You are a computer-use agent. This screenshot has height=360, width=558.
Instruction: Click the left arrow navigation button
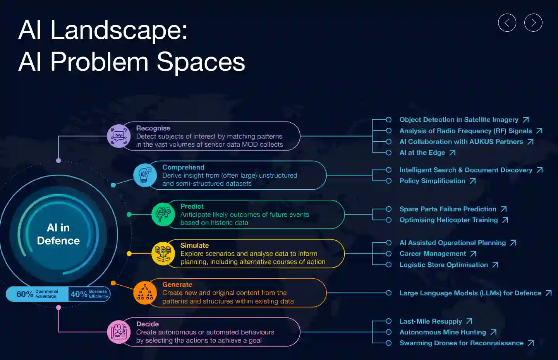[507, 23]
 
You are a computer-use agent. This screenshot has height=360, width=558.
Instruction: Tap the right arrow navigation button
[533, 23]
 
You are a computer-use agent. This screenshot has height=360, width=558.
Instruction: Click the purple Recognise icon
[119, 136]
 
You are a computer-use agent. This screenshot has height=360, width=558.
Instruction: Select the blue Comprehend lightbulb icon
[145, 175]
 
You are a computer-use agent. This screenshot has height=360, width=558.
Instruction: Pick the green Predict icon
[163, 214]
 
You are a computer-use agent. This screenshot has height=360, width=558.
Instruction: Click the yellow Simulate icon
[163, 254]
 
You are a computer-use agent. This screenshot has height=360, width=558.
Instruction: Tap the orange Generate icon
[145, 293]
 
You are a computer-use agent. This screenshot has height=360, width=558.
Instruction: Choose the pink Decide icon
[119, 332]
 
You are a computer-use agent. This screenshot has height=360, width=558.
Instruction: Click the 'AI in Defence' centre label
[58, 234]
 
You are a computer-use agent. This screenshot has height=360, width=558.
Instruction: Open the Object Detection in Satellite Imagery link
[459, 120]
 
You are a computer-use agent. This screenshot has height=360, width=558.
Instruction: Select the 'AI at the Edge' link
[422, 153]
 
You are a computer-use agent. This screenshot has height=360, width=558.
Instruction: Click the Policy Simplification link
[432, 181]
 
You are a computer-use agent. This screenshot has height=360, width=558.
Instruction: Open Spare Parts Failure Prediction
[448, 209]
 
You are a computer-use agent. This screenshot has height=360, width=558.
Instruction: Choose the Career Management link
[433, 254]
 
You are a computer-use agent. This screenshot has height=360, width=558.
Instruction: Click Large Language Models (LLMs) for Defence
[470, 293]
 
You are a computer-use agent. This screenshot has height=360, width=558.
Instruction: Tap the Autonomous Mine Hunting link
[443, 332]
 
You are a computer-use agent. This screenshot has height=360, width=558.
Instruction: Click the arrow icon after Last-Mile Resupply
[469, 321]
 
